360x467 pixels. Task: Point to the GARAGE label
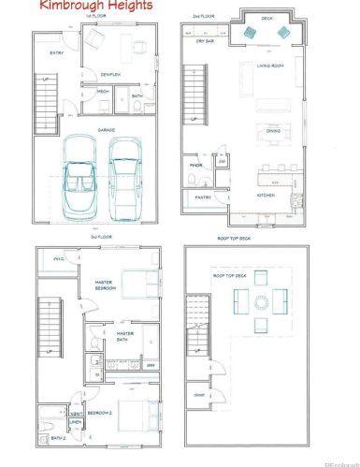pyautogui.click(x=108, y=131)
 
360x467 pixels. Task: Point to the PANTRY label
pyautogui.click(x=203, y=197)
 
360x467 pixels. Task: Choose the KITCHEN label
pyautogui.click(x=266, y=197)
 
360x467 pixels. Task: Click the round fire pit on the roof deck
pyautogui.click(x=259, y=301)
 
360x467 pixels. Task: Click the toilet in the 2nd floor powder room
pyautogui.click(x=222, y=160)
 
